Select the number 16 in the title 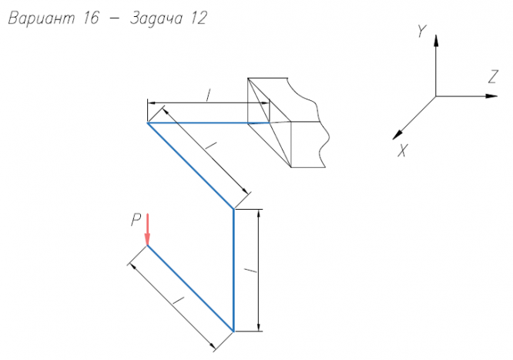point(91,20)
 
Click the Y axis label point(421,32)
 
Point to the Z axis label point(491,76)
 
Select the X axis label point(402,151)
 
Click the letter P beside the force point(135,220)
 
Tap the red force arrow point(147,229)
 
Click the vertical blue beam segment point(233,270)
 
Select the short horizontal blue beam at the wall point(208,122)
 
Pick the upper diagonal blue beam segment point(190,165)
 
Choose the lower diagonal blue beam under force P point(190,288)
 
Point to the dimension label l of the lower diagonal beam point(176,298)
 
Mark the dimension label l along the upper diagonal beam point(213,146)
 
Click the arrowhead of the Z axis point(491,96)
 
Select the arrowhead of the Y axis point(436,42)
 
